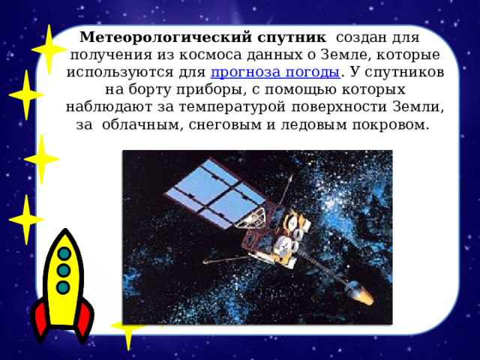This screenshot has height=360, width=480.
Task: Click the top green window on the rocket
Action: click(64, 254)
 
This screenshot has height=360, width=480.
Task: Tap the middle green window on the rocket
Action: click(64, 270)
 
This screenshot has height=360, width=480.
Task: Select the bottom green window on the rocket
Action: click(63, 286)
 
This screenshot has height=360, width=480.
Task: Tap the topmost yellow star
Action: click(49, 49)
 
